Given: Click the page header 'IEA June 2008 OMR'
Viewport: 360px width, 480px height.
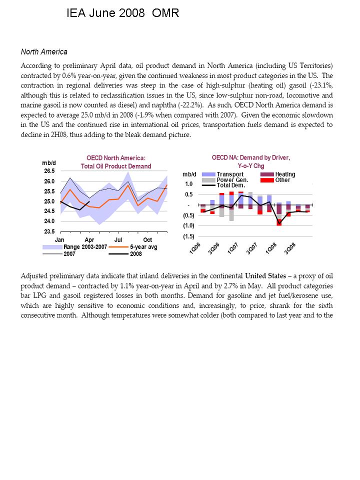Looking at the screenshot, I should click(123, 13).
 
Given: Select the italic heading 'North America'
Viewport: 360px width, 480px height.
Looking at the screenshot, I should click(44, 52).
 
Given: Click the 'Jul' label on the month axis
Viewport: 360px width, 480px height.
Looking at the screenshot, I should click(118, 240).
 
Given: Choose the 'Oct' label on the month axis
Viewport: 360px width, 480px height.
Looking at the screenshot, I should click(148, 240).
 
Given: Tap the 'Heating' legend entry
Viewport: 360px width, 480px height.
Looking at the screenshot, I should click(285, 174).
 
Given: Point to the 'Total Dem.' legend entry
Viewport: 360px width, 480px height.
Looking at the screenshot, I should click(230, 185).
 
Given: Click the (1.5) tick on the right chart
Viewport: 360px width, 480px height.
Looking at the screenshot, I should click(188, 236).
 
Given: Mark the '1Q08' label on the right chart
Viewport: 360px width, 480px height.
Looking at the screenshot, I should click(270, 248).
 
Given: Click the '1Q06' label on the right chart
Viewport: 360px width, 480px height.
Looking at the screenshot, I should click(195, 248).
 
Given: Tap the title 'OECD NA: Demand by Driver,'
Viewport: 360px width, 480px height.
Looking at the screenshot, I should click(250, 157).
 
